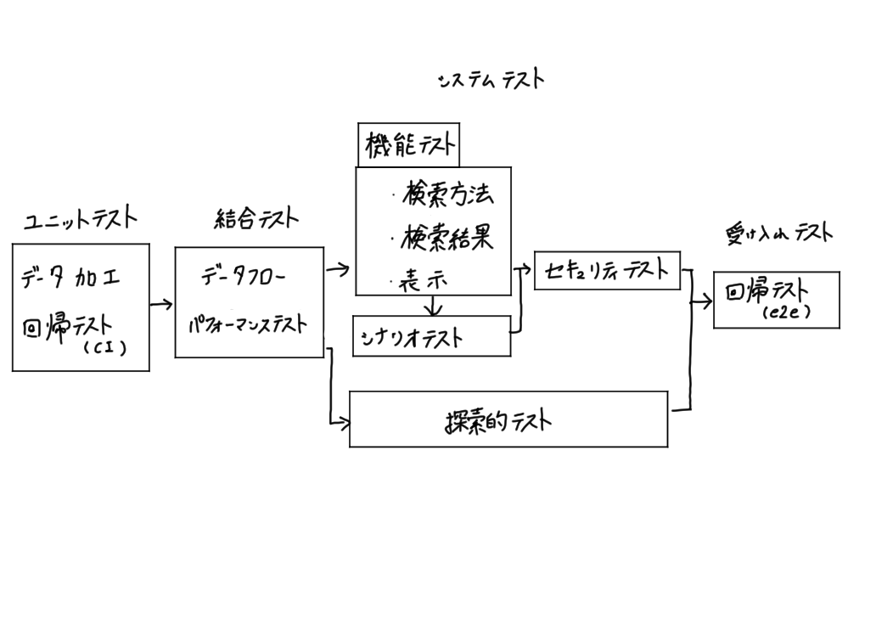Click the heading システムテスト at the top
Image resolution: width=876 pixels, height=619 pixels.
(x=491, y=80)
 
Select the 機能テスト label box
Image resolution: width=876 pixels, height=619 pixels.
(x=408, y=146)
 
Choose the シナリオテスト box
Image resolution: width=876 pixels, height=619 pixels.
(x=431, y=336)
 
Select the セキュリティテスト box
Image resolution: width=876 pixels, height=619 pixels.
(x=607, y=271)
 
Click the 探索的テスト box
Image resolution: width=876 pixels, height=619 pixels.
(x=508, y=419)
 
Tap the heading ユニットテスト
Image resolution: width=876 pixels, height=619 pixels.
(x=80, y=219)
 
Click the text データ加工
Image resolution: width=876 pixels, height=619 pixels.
(x=71, y=278)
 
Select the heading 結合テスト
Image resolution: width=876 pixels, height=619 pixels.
(x=255, y=219)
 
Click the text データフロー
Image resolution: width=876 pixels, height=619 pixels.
(x=244, y=276)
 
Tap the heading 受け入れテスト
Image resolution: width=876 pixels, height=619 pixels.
(x=778, y=234)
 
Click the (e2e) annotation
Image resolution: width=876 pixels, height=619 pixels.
(x=786, y=312)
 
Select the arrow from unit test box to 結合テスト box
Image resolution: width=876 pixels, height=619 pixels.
(x=161, y=304)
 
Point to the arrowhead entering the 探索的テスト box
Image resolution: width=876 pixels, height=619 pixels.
(x=344, y=422)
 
